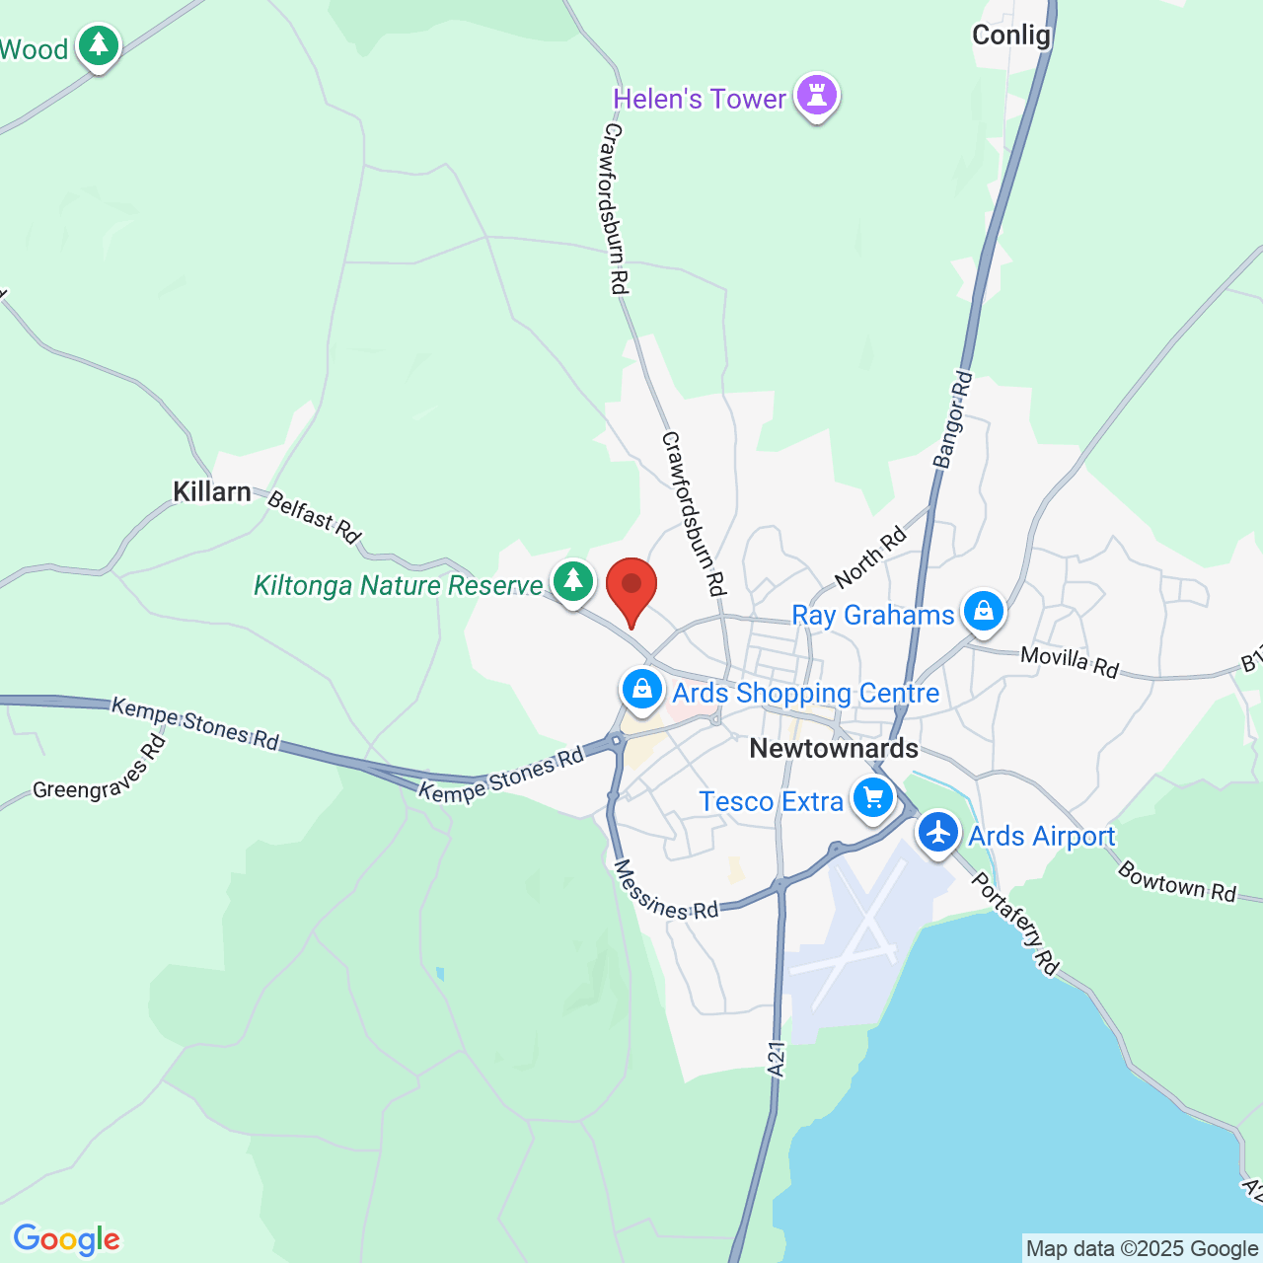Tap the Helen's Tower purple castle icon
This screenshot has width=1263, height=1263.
click(817, 96)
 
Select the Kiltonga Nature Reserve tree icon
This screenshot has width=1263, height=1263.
click(572, 581)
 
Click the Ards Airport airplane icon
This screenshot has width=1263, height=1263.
click(937, 833)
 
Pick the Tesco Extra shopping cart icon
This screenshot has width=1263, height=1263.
click(872, 798)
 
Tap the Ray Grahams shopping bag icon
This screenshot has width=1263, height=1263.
click(983, 612)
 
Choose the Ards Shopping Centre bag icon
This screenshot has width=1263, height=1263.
click(642, 689)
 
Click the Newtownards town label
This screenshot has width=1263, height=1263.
click(834, 748)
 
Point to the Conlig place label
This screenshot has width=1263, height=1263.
click(1011, 36)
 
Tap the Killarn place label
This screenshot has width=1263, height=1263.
click(212, 491)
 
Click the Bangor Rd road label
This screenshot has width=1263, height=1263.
click(953, 419)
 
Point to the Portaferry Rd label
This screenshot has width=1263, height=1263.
click(1015, 924)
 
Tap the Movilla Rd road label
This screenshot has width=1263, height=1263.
click(1070, 662)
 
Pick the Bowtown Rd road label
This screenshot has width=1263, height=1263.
click(1176, 881)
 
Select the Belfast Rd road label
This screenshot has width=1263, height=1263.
click(315, 517)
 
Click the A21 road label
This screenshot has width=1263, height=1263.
click(777, 1059)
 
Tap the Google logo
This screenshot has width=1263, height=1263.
click(67, 1239)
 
